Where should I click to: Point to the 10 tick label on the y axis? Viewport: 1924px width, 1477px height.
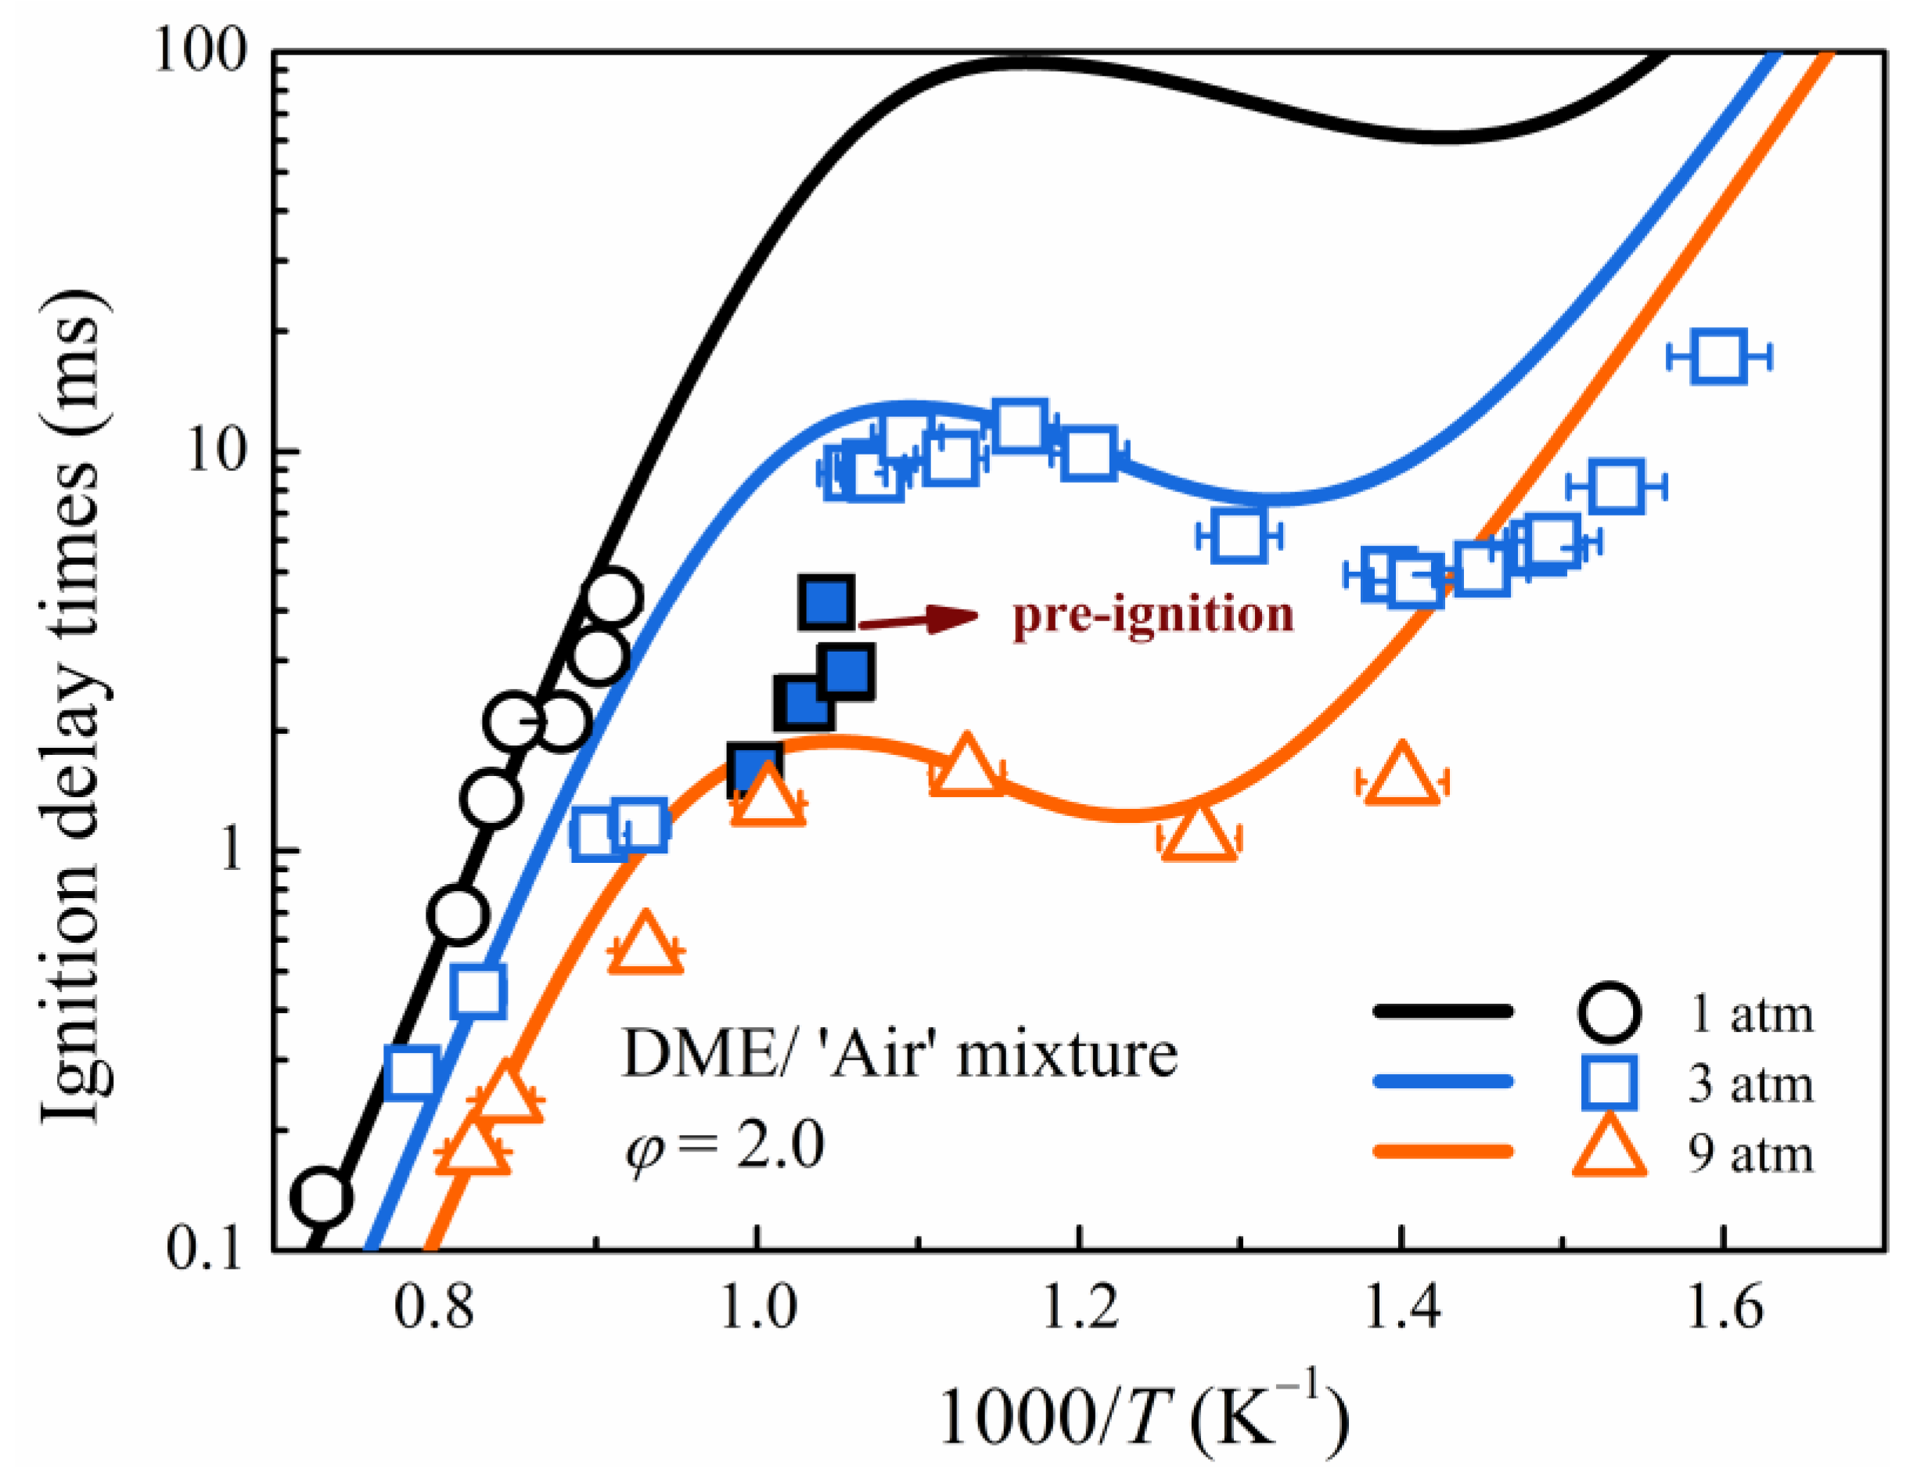220,453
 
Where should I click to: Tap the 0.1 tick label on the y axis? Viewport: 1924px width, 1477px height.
204,1249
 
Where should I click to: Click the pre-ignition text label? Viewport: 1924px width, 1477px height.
1153,613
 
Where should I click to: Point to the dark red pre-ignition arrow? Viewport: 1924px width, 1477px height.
919,619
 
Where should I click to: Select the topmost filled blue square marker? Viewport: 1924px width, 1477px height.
825,603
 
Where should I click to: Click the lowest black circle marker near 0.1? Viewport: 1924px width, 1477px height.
321,1197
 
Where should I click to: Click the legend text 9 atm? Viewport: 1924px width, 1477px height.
1750,1153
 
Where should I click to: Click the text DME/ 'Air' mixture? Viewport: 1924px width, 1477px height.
899,1054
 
